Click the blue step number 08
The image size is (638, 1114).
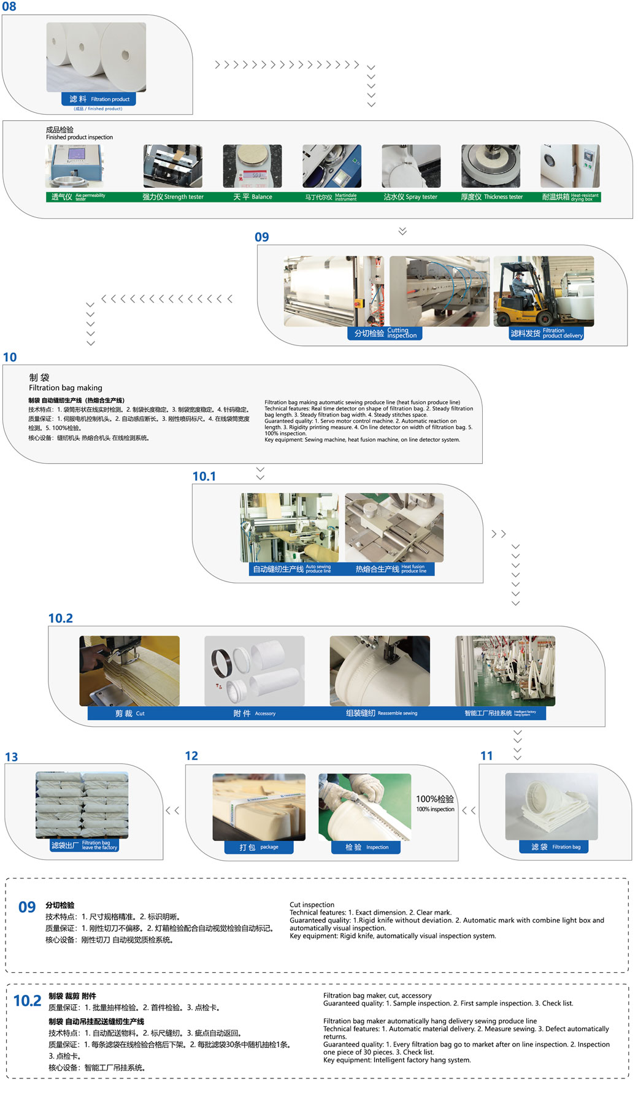[x=9, y=7]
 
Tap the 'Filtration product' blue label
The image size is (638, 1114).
[x=99, y=99]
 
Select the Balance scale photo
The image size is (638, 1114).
[x=252, y=166]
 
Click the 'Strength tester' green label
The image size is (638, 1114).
[x=173, y=197]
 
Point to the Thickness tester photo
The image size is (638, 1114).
[x=491, y=166]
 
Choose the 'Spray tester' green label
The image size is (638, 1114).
[x=410, y=197]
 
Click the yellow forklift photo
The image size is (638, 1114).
[x=544, y=291]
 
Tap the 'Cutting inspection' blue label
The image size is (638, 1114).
[x=385, y=333]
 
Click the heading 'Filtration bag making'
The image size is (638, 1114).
[x=66, y=388]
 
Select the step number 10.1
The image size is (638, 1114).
[x=204, y=477]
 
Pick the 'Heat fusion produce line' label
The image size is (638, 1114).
[x=391, y=569]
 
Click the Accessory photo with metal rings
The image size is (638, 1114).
[x=255, y=670]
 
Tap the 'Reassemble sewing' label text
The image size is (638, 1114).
[x=398, y=713]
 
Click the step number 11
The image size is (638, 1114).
[x=486, y=756]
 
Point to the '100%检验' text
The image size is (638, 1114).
[x=435, y=799]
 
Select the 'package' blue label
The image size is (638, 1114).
[x=258, y=847]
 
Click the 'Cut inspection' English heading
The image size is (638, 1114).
[x=312, y=905]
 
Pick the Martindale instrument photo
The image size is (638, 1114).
[x=332, y=166]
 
